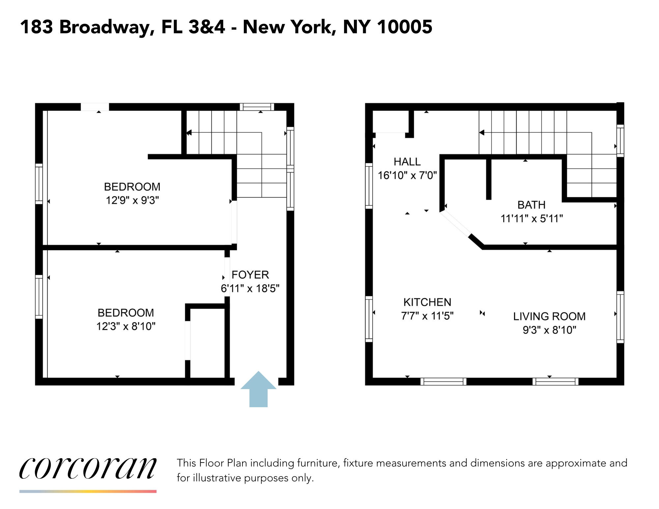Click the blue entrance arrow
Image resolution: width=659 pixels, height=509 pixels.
(x=258, y=389)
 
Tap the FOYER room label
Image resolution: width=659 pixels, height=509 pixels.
(x=250, y=275)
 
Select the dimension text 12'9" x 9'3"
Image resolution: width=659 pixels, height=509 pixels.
(x=132, y=200)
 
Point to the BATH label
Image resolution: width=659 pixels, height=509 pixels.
(x=531, y=205)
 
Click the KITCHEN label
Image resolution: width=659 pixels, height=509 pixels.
(x=427, y=302)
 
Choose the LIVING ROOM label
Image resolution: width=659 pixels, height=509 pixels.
(x=549, y=316)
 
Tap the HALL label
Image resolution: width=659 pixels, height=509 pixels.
(x=407, y=162)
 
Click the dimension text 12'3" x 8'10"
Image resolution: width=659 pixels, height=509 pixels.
(x=126, y=326)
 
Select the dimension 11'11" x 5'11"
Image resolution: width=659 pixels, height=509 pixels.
(x=532, y=218)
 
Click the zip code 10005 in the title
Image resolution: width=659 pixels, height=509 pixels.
(x=404, y=27)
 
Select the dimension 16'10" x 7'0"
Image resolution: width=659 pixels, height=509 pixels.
(x=407, y=175)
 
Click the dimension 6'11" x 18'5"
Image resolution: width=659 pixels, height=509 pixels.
(x=250, y=289)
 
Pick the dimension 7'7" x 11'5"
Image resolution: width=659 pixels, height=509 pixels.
(x=427, y=316)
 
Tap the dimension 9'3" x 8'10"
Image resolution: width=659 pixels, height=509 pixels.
(x=550, y=330)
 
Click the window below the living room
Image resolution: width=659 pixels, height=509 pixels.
(x=556, y=382)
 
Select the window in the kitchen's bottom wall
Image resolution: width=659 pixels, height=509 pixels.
(x=444, y=382)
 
